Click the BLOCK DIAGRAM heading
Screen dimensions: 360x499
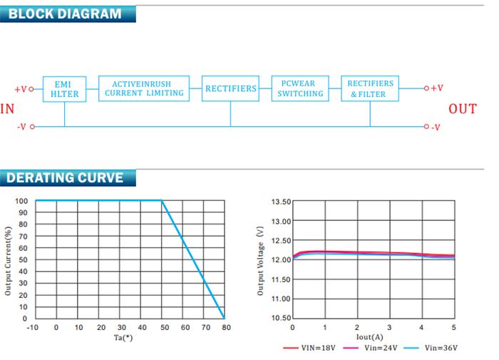coord(65,14)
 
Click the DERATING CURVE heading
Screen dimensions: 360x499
coord(65,178)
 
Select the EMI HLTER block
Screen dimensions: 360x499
coord(64,89)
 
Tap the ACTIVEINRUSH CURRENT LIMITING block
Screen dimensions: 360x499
coord(144,88)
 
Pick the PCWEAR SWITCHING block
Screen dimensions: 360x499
coord(300,88)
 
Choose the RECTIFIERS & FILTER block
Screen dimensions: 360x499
coord(370,89)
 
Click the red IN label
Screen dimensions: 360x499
coord(7,109)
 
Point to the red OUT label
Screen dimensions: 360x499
coord(463,109)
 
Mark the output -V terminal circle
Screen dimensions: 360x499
coord(426,127)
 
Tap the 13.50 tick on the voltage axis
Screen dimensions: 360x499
coord(281,202)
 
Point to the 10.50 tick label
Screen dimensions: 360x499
coord(281,318)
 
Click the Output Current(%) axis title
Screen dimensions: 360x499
coord(9,261)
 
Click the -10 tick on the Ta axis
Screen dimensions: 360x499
coord(32,327)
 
